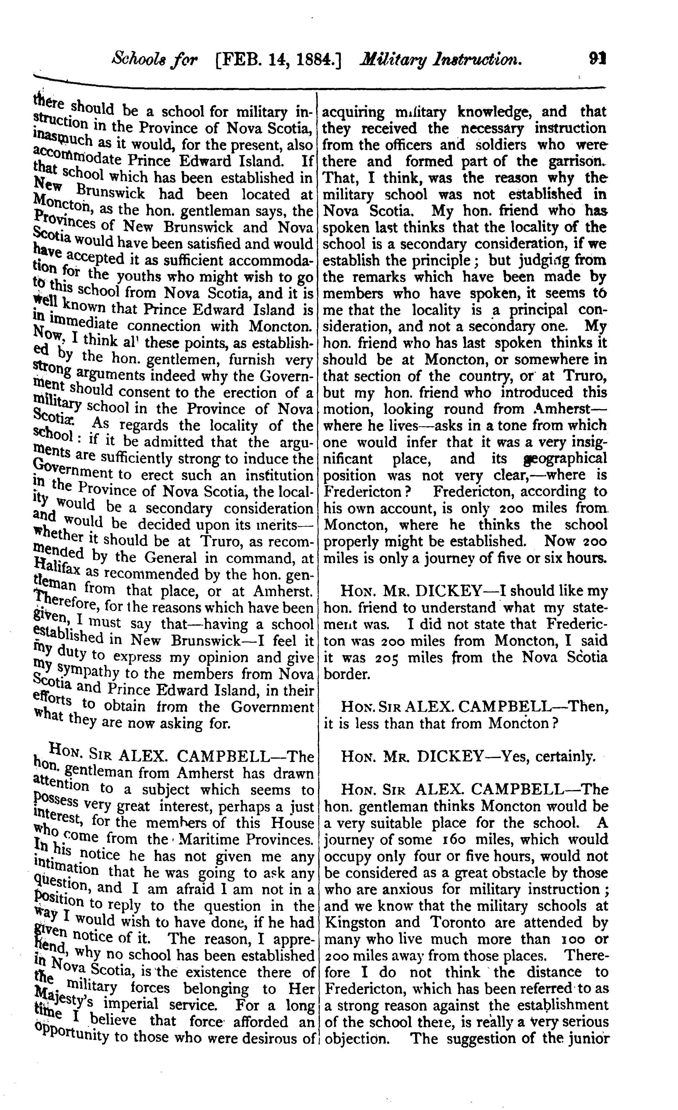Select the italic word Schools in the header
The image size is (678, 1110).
click(135, 58)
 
